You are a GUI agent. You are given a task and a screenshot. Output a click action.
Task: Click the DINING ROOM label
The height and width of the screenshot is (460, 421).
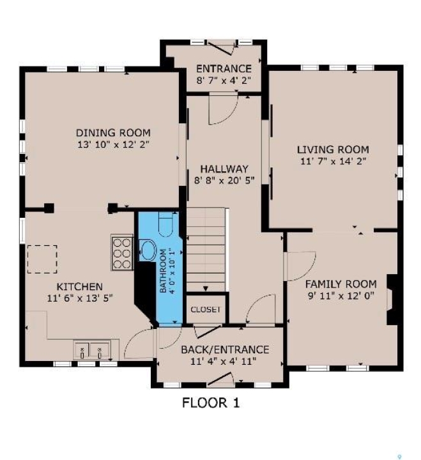click(x=113, y=133)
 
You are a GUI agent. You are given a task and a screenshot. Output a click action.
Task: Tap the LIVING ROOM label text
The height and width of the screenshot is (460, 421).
click(x=333, y=149)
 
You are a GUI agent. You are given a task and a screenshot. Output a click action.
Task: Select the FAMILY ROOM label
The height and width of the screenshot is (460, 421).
click(x=341, y=284)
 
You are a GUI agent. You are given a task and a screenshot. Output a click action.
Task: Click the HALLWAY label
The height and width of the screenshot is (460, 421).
click(x=224, y=169)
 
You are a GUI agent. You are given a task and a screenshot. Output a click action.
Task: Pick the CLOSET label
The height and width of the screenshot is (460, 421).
click(x=205, y=309)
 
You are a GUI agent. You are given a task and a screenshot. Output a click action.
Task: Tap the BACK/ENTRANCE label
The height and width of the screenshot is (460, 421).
click(x=225, y=349)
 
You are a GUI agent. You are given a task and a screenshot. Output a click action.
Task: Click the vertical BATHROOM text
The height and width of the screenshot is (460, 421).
click(x=163, y=270)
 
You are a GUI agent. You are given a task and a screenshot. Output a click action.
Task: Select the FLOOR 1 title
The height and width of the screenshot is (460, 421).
click(x=211, y=402)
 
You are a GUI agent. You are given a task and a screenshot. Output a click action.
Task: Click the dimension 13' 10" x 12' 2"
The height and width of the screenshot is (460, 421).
click(x=114, y=144)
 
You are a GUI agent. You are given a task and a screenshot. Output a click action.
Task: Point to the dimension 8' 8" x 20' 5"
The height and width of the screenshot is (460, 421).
click(x=224, y=180)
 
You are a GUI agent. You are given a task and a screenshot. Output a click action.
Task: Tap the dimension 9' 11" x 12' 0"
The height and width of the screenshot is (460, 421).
click(x=341, y=295)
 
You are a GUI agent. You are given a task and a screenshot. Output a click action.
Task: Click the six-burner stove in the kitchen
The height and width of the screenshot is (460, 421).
click(x=122, y=252)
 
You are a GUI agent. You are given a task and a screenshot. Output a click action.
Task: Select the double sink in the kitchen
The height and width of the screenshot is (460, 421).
click(x=91, y=350)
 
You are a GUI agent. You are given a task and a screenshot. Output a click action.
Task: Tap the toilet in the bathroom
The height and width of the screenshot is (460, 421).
click(x=165, y=224)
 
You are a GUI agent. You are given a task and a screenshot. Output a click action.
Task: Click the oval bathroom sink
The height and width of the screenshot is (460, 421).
click(x=148, y=250)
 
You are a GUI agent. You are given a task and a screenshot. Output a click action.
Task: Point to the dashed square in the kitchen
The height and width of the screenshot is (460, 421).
click(x=42, y=259)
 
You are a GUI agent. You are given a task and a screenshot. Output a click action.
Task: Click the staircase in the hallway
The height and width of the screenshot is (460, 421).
click(x=206, y=250)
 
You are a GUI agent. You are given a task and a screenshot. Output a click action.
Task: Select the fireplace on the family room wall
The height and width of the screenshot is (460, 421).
click(x=392, y=299)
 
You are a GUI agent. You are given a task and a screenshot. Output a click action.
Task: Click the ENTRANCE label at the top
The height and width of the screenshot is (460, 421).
click(x=224, y=68)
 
